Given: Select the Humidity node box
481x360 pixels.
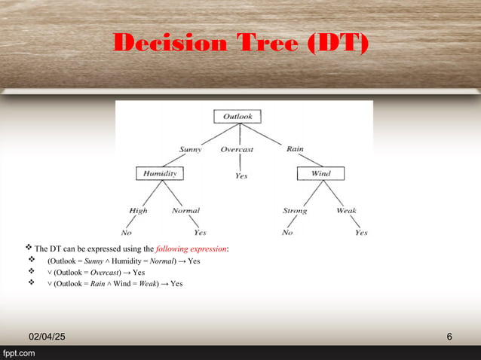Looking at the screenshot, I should (160, 174).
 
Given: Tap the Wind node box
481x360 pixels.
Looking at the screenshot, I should (320, 174).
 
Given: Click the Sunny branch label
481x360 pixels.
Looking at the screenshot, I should (190, 149).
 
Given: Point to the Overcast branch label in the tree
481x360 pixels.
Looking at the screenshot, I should (237, 149).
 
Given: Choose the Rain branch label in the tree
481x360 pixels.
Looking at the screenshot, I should (295, 149).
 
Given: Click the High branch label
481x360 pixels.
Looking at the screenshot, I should (139, 211).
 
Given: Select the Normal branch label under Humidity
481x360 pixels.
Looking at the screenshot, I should (185, 211).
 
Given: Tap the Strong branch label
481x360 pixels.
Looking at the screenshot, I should (295, 211).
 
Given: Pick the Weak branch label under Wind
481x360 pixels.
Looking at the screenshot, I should (347, 211).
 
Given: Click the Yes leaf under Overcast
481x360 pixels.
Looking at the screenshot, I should (241, 175).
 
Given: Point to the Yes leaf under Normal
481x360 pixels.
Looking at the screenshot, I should (200, 233).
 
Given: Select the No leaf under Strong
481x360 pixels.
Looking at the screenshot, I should (287, 233).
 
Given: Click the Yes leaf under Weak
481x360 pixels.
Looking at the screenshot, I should (361, 233).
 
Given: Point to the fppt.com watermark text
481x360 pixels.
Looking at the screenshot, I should (18, 353).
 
